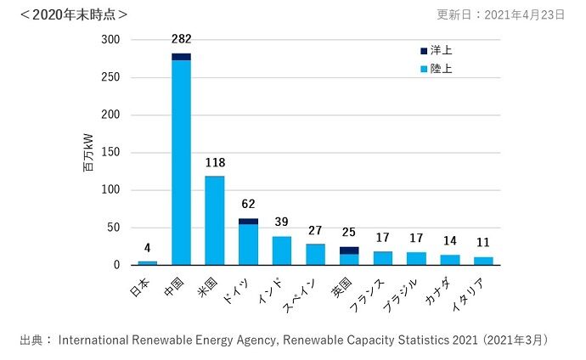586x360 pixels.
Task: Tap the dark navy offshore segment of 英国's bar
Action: [x=348, y=250]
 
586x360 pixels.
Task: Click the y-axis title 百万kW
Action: [x=89, y=153]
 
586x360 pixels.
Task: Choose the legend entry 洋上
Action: [x=436, y=51]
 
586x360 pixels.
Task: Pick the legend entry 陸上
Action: [x=436, y=68]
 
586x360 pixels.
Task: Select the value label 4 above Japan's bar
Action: [x=147, y=248]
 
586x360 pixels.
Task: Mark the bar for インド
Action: [x=282, y=250]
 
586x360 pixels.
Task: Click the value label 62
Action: [x=248, y=204]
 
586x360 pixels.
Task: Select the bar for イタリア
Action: [x=483, y=261]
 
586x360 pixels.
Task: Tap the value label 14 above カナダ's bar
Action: [x=449, y=241]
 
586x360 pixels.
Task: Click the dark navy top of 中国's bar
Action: [x=181, y=57]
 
